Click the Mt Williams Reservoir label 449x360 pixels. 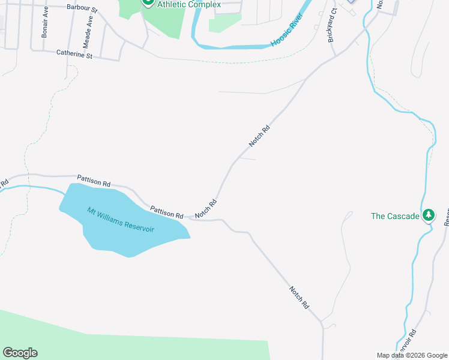tap(121, 220)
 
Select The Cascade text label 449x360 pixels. tap(395, 216)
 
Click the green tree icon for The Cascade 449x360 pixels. tap(429, 215)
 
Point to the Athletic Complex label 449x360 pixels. tap(188, 4)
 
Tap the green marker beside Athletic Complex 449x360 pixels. tap(148, 2)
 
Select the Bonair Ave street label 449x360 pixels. tap(45, 27)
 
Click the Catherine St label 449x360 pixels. tap(74, 54)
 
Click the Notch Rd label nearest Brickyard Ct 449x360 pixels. tap(259, 136)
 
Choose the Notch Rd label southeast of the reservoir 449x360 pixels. tap(298, 297)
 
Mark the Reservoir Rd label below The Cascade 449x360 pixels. tap(406, 342)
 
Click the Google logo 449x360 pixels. tap(20, 353)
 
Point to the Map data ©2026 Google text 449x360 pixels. tap(412, 355)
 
